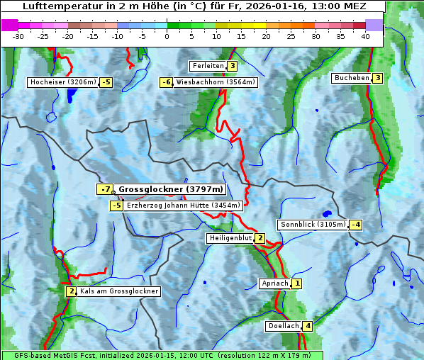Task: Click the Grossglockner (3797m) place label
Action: click(170, 189)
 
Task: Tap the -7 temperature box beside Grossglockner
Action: click(105, 189)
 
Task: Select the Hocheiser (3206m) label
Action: click(62, 82)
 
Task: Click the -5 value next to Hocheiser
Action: click(106, 82)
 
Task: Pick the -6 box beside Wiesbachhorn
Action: click(167, 82)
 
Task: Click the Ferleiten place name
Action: click(208, 66)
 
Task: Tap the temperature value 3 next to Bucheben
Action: click(378, 78)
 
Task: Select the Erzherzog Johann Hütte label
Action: click(184, 206)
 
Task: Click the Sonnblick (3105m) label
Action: click(313, 225)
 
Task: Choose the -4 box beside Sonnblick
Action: click(356, 225)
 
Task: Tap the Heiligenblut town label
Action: click(230, 238)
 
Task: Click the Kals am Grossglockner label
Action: click(118, 291)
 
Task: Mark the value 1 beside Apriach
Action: click(297, 283)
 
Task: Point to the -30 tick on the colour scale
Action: click(18, 35)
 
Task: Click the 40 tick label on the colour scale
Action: click(365, 35)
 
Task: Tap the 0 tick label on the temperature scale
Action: click(167, 35)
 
